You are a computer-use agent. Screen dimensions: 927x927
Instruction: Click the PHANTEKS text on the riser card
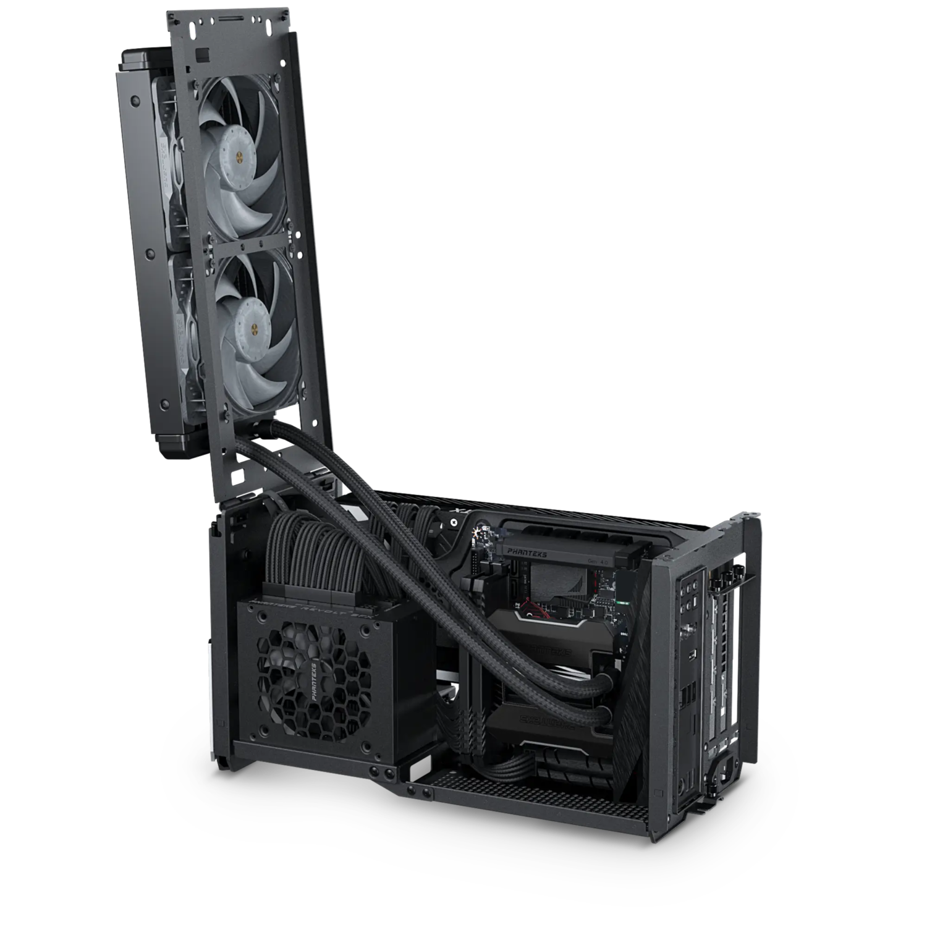pyautogui.click(x=526, y=554)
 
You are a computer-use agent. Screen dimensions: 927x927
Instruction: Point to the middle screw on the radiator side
pyautogui.click(x=148, y=253)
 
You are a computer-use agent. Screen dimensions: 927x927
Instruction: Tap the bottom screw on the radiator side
pyautogui.click(x=164, y=404)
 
